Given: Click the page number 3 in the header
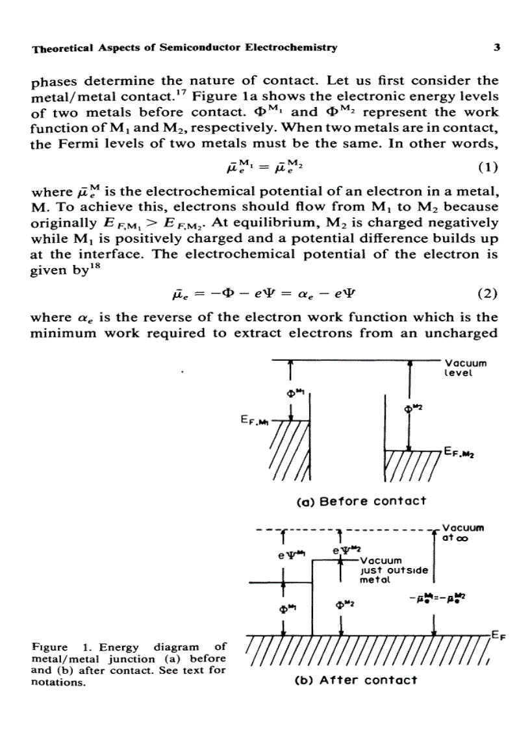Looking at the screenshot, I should point(496,47).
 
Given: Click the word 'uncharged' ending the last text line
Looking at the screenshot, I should point(468,334).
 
